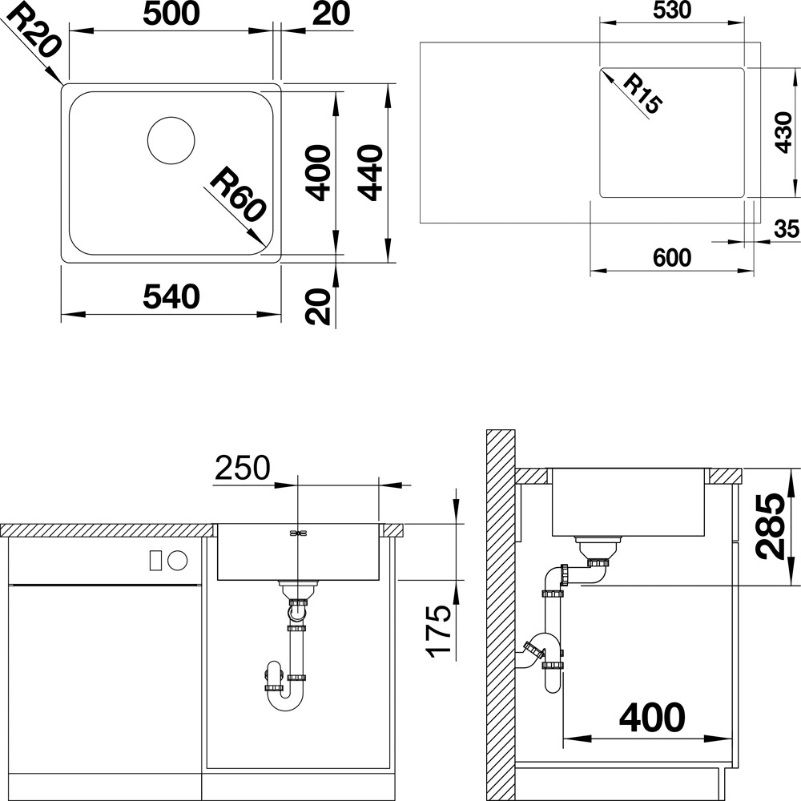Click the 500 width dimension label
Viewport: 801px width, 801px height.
[171, 14]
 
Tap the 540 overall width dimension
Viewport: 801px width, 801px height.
[171, 297]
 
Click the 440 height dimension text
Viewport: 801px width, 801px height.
[370, 173]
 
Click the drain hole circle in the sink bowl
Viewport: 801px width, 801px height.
[171, 140]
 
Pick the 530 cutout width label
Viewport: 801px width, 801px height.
[672, 10]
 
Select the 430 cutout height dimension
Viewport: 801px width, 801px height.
[783, 133]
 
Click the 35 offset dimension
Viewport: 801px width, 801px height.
[787, 229]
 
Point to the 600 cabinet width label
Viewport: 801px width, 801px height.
[672, 257]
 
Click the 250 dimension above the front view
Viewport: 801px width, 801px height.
[242, 468]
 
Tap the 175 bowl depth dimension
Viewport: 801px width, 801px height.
[439, 631]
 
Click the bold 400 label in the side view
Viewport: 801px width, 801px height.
[652, 717]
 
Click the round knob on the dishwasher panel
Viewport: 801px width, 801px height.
[179, 561]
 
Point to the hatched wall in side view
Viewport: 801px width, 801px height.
[501, 615]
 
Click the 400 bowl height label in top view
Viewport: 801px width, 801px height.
[318, 173]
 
